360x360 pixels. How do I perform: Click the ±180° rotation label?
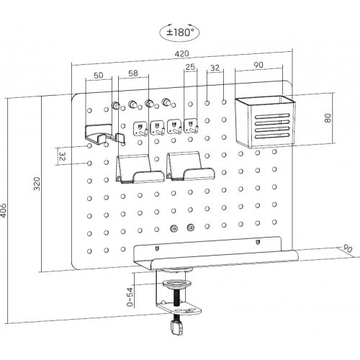tap(180, 32)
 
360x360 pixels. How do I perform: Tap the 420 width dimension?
tap(181, 54)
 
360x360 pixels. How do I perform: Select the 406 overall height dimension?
tap(3, 210)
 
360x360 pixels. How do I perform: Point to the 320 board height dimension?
tap(37, 184)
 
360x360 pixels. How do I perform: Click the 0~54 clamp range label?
tap(130, 297)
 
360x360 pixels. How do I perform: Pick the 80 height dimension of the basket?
tap(328, 118)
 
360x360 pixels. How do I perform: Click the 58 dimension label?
tap(133, 73)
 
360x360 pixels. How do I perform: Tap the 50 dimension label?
tap(99, 76)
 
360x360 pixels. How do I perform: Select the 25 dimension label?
tap(190, 67)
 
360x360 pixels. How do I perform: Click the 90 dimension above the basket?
tap(258, 65)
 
